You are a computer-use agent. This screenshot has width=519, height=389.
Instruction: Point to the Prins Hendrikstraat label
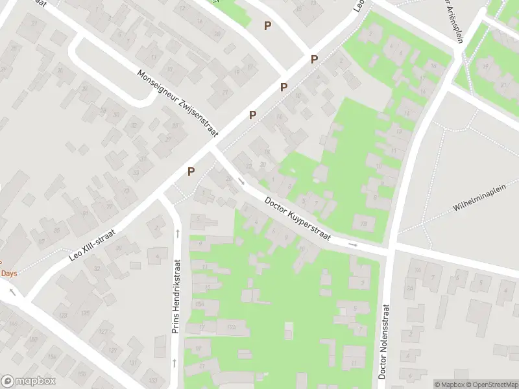coord(176,296)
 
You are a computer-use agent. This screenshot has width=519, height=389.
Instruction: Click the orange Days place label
coord(8,274)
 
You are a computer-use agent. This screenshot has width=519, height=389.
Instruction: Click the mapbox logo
coord(29,381)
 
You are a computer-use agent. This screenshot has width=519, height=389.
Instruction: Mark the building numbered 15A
coord(200,303)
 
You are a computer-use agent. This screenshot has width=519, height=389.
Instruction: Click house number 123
coord(63,315)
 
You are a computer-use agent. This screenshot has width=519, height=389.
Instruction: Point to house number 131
coord(133,362)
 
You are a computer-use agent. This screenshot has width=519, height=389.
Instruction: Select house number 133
coord(152,379)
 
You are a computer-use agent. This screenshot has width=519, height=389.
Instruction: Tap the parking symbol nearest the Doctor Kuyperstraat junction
coord(191,171)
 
